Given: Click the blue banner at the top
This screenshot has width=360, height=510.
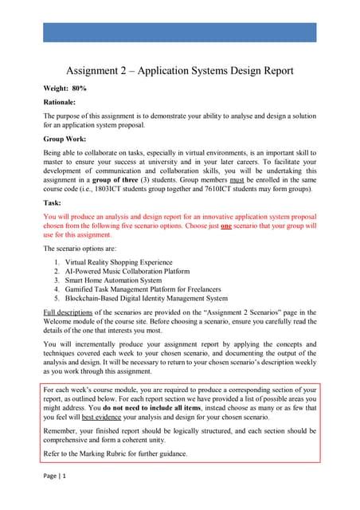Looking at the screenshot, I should tap(179, 32).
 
